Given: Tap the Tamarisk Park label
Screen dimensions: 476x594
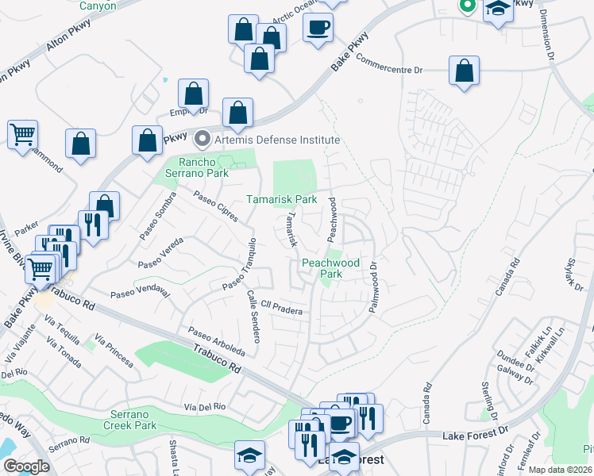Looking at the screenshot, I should pyautogui.click(x=281, y=199).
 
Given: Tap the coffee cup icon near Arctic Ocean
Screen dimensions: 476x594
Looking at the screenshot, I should pyautogui.click(x=318, y=28).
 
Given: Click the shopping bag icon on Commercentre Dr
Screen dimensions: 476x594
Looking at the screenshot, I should pyautogui.click(x=464, y=71).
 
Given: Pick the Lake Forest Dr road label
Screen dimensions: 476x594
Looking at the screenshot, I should pyautogui.click(x=470, y=432).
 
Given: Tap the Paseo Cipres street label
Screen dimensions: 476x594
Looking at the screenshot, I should pyautogui.click(x=217, y=205).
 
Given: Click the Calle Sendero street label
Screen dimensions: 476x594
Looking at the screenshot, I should pyautogui.click(x=253, y=316).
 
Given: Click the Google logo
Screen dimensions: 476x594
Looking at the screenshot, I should pyautogui.click(x=26, y=466).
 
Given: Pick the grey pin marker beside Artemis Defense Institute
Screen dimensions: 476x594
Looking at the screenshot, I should pyautogui.click(x=202, y=140).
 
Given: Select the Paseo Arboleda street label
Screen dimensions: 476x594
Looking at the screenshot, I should pyautogui.click(x=215, y=343).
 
